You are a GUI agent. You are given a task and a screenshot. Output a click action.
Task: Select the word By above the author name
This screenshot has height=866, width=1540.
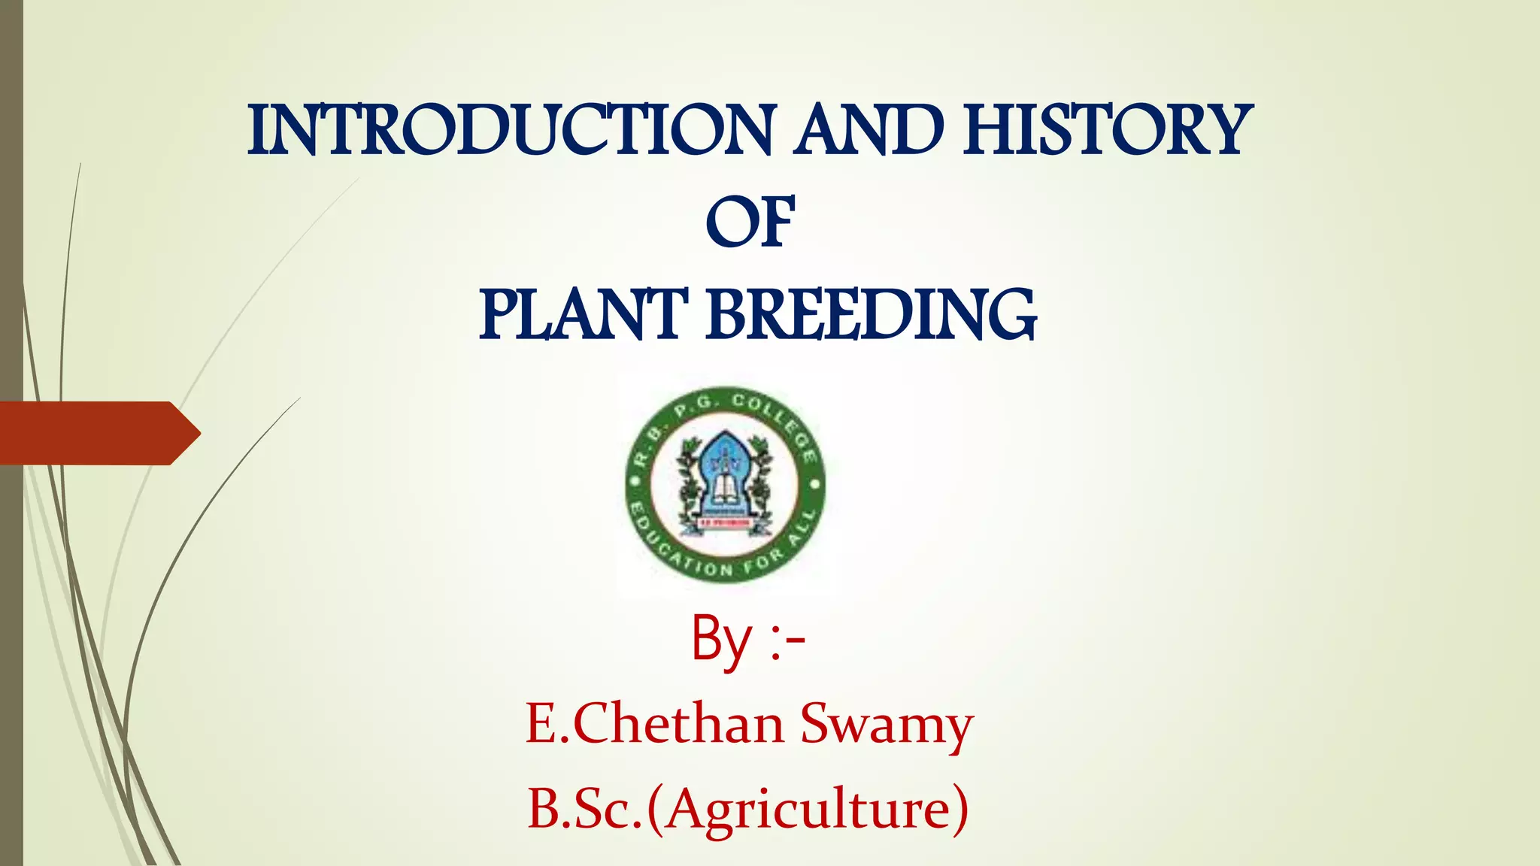(721, 640)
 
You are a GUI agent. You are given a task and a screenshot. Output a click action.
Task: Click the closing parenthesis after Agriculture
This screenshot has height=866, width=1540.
(958, 810)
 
